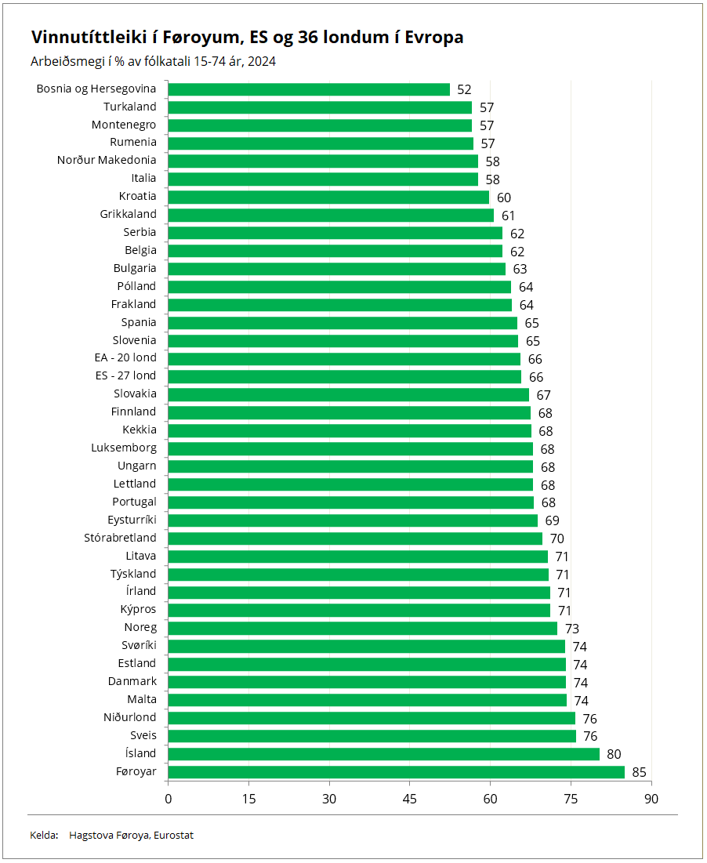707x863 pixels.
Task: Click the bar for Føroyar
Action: click(x=396, y=772)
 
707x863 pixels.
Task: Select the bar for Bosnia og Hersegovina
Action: click(x=309, y=89)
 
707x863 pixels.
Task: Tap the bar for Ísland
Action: click(x=383, y=754)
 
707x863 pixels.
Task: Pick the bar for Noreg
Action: click(x=362, y=628)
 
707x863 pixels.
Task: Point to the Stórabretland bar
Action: click(x=355, y=538)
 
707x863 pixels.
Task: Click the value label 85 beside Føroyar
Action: click(x=639, y=773)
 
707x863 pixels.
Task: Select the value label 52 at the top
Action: click(x=464, y=90)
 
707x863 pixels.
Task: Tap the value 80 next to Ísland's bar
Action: click(x=614, y=755)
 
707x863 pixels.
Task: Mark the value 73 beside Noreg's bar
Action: click(x=571, y=629)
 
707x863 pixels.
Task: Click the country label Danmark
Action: click(x=132, y=681)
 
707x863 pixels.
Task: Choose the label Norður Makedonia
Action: click(x=107, y=160)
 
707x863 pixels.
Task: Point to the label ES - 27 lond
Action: click(x=126, y=375)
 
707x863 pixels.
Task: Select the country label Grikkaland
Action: click(x=129, y=214)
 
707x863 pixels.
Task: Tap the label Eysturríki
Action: click(x=132, y=520)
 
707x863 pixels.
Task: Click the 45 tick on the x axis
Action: click(x=409, y=799)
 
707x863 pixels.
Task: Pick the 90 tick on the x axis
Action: click(x=651, y=799)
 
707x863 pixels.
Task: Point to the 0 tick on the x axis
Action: click(x=168, y=799)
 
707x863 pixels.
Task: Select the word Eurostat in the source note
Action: click(x=172, y=836)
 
